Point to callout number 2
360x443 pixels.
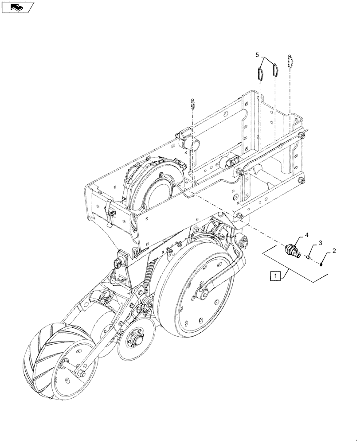click(334, 251)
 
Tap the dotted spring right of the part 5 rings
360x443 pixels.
click(290, 61)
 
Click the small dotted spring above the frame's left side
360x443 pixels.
click(193, 104)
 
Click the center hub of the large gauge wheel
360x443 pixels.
click(201, 293)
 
